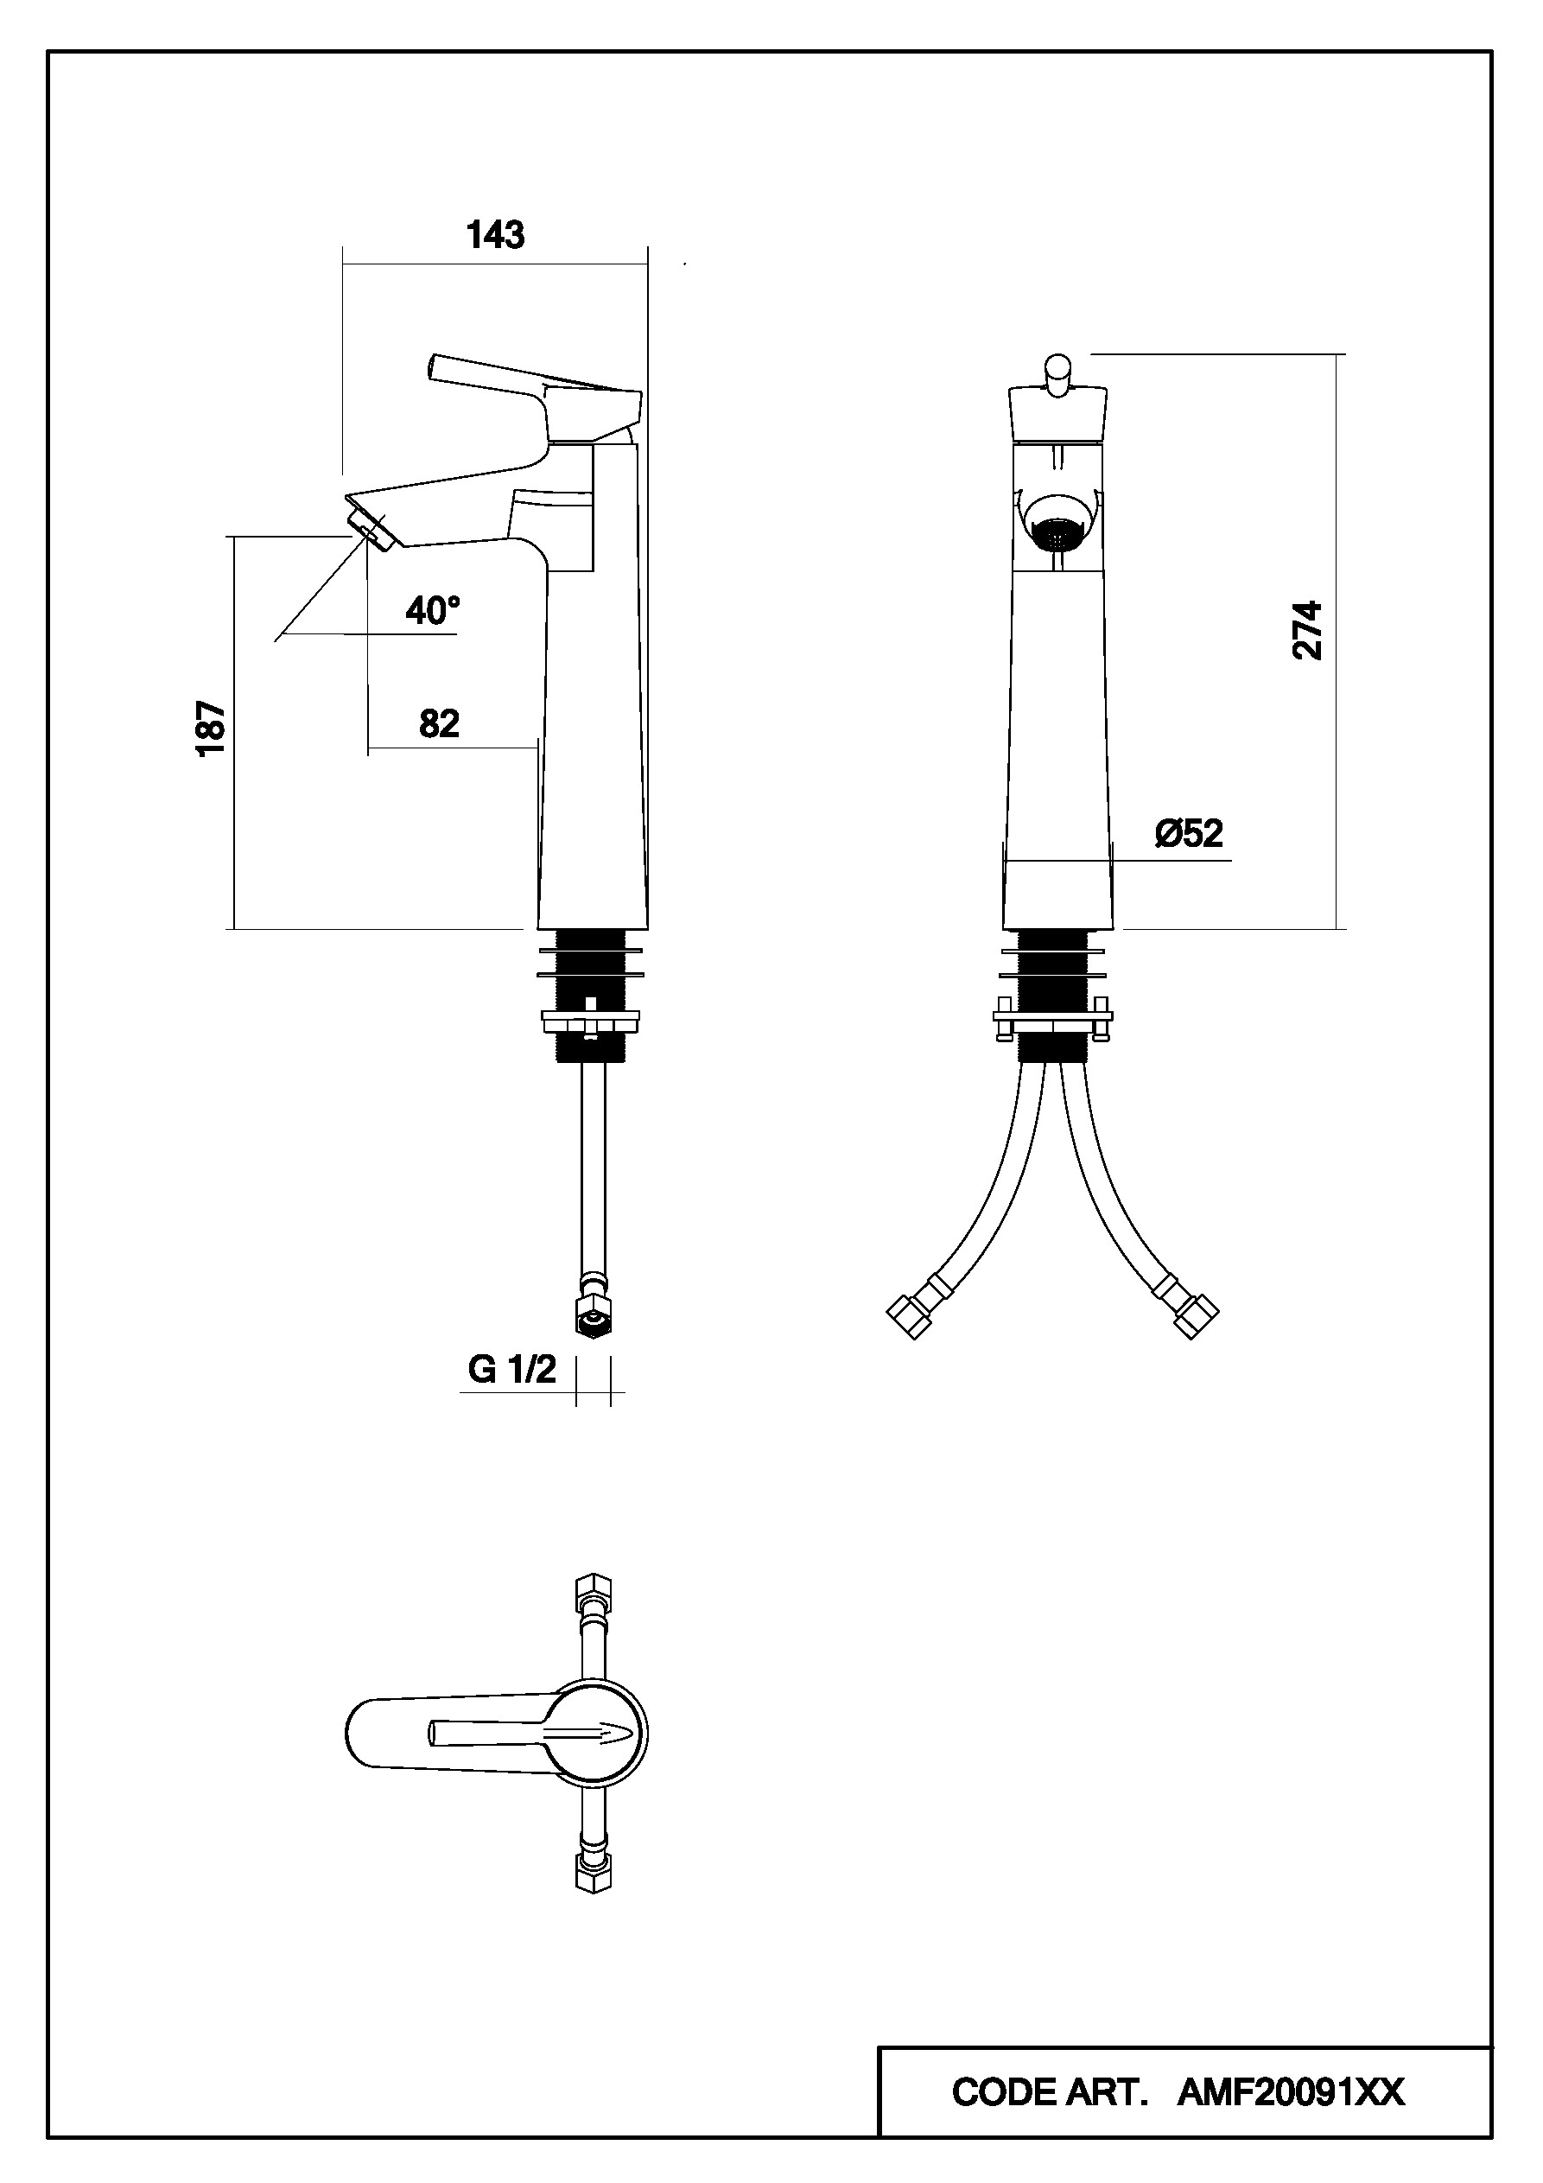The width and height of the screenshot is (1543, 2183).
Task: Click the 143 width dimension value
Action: [x=495, y=234]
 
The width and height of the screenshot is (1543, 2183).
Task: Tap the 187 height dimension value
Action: [x=211, y=729]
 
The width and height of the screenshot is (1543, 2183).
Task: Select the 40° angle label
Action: [x=433, y=610]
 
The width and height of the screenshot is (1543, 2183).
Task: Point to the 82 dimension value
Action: [x=439, y=723]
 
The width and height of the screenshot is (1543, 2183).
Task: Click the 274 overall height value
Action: [x=1308, y=629]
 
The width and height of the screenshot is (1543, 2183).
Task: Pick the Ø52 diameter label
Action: [x=1189, y=833]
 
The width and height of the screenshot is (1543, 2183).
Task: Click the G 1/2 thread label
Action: [x=511, y=1369]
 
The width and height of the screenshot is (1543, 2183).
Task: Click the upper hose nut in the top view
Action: [x=594, y=1593]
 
